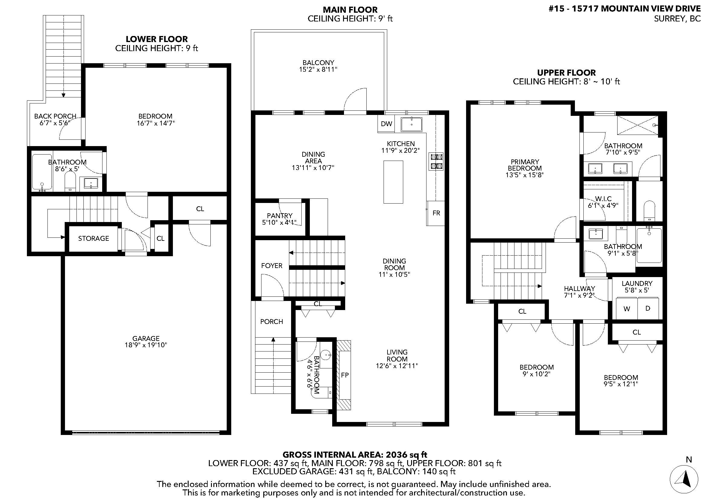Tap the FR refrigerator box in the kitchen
(x=436, y=213)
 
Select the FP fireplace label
(x=345, y=375)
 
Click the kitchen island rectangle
(x=393, y=182)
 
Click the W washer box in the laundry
(x=627, y=309)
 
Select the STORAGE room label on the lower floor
(x=93, y=238)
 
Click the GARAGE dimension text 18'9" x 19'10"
(x=146, y=345)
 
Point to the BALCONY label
(x=318, y=63)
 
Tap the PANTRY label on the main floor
(x=280, y=216)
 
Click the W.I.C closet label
(x=603, y=199)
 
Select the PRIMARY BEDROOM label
(x=525, y=165)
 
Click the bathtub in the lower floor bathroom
(x=42, y=172)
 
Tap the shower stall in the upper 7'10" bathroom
(x=637, y=125)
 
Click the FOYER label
(x=272, y=266)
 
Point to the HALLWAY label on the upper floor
(x=579, y=289)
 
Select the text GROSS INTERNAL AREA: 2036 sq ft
(x=355, y=454)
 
